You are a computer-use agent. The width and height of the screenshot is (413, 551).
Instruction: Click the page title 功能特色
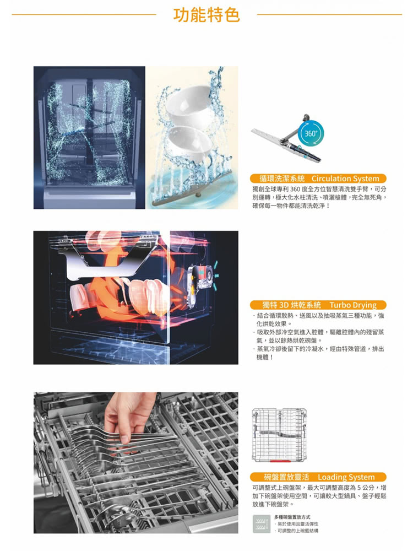[x=206, y=15]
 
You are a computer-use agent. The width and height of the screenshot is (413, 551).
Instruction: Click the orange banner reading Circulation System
[x=318, y=179]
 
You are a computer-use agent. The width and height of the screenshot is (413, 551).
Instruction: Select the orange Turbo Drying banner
[x=318, y=305]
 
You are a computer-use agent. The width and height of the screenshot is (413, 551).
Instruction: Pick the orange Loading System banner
[x=318, y=477]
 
